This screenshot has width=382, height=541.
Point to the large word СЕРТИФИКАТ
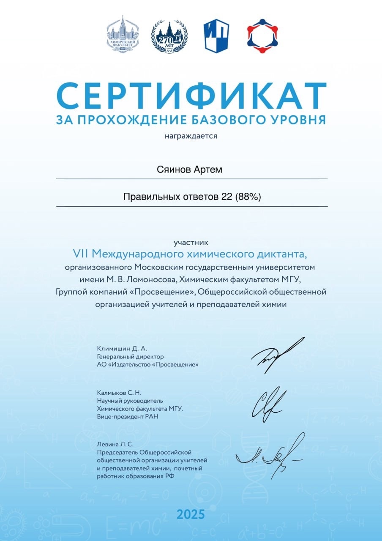pos(191,97)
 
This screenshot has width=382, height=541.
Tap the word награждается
pos(191,136)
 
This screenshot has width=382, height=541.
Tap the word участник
pos(191,243)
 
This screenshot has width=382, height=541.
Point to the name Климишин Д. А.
pos(122,349)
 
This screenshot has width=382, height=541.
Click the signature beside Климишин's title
pos(277,353)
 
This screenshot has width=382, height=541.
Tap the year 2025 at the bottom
pos(191,514)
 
